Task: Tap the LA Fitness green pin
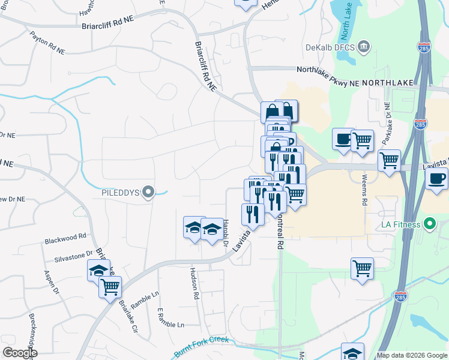coord(429,225)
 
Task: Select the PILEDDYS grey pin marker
coord(149,193)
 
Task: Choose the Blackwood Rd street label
coord(65,241)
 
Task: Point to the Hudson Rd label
coord(194,283)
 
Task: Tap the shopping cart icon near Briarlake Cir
coord(110,287)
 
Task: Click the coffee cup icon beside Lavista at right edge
coord(437,178)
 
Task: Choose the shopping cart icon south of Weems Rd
coord(362,268)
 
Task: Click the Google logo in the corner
coord(20,353)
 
